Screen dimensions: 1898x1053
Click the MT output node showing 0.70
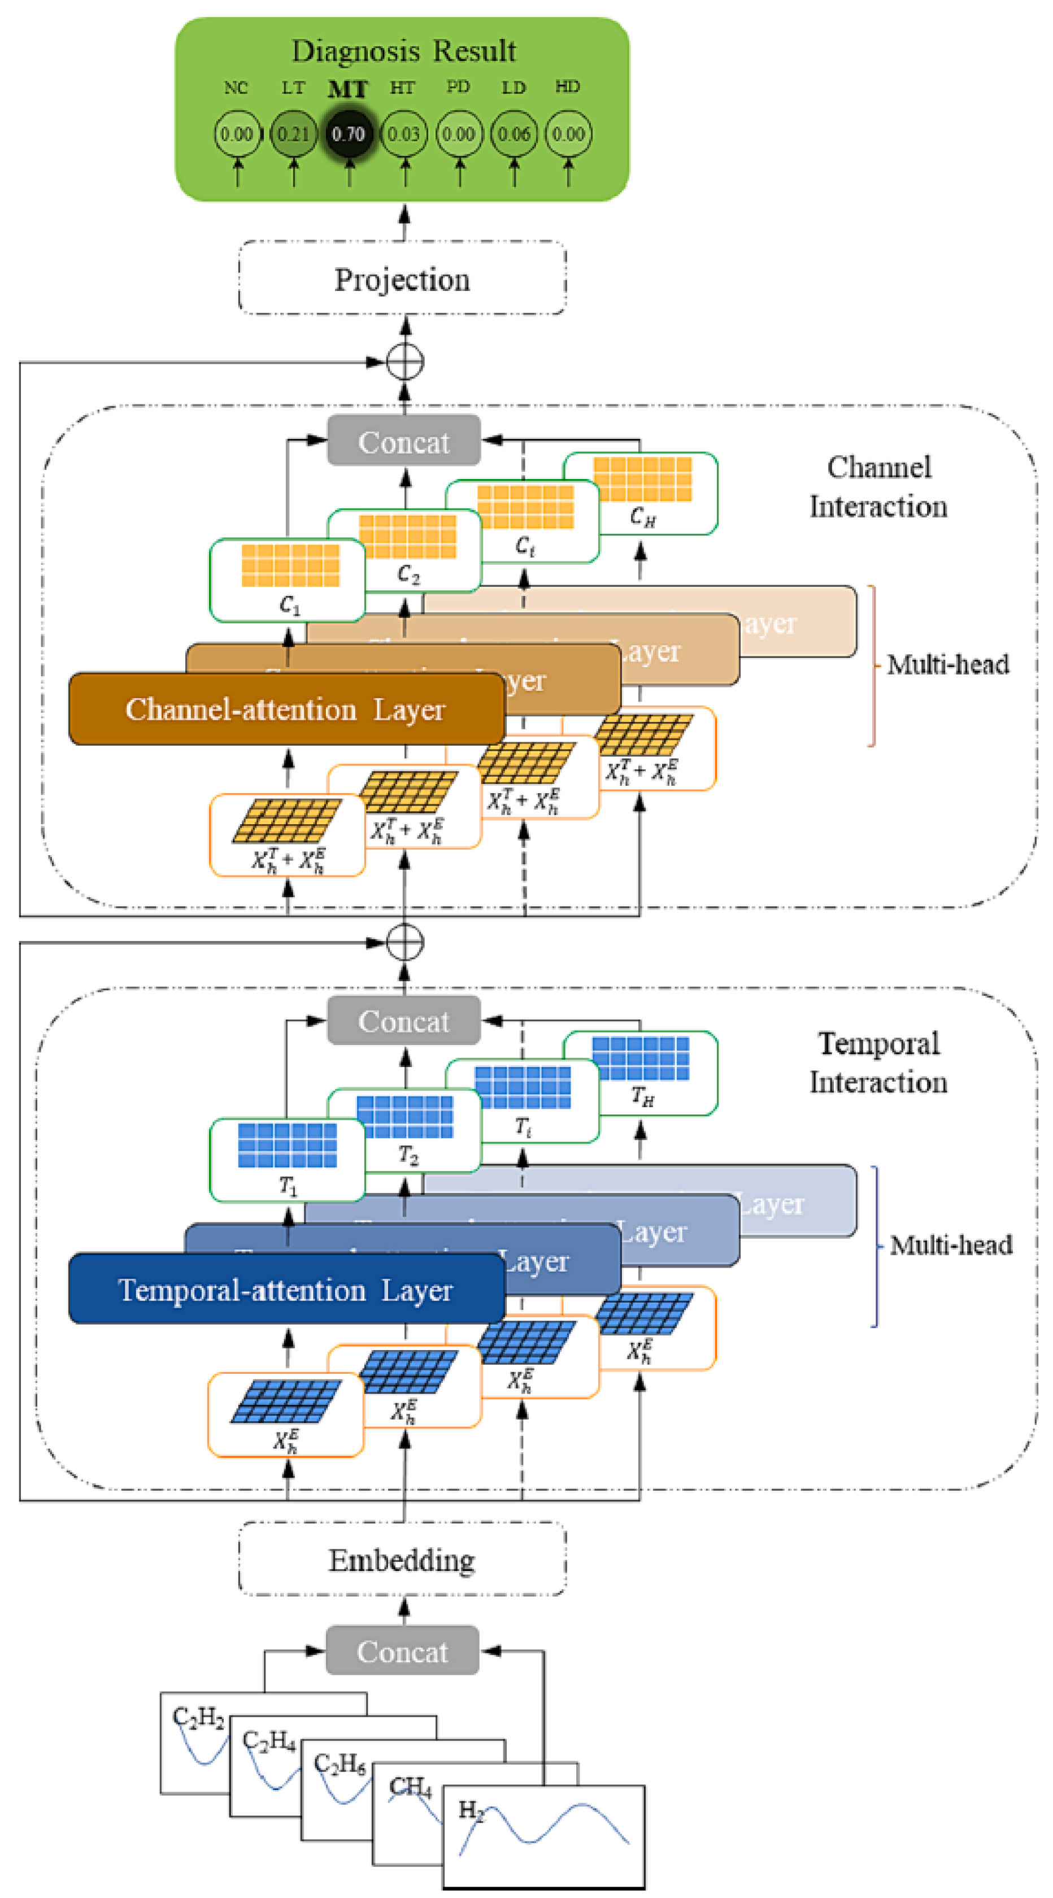pyautogui.click(x=348, y=134)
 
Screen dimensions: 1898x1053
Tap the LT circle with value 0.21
pyautogui.click(x=293, y=134)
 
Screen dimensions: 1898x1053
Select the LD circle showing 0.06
pyautogui.click(x=514, y=134)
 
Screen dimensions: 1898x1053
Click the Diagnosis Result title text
pyautogui.click(x=403, y=51)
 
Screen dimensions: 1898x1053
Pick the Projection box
pyautogui.click(x=402, y=279)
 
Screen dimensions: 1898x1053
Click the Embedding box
pyautogui.click(x=402, y=1560)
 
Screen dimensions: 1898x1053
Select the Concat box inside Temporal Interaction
pyautogui.click(x=403, y=1021)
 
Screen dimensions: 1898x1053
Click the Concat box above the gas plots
pyautogui.click(x=402, y=1651)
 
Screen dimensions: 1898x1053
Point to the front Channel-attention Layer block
pyautogui.click(x=286, y=709)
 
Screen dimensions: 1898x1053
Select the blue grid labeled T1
pyautogui.click(x=288, y=1145)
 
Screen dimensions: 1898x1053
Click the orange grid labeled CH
pyautogui.click(x=642, y=479)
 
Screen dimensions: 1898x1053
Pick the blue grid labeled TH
pyautogui.click(x=641, y=1059)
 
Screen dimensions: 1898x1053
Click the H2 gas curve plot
pyautogui.click(x=544, y=1835)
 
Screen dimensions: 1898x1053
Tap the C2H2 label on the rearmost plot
pyautogui.click(x=198, y=1717)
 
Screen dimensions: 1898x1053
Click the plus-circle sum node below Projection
pyautogui.click(x=405, y=362)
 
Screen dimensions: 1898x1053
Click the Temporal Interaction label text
pyautogui.click(x=878, y=1063)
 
